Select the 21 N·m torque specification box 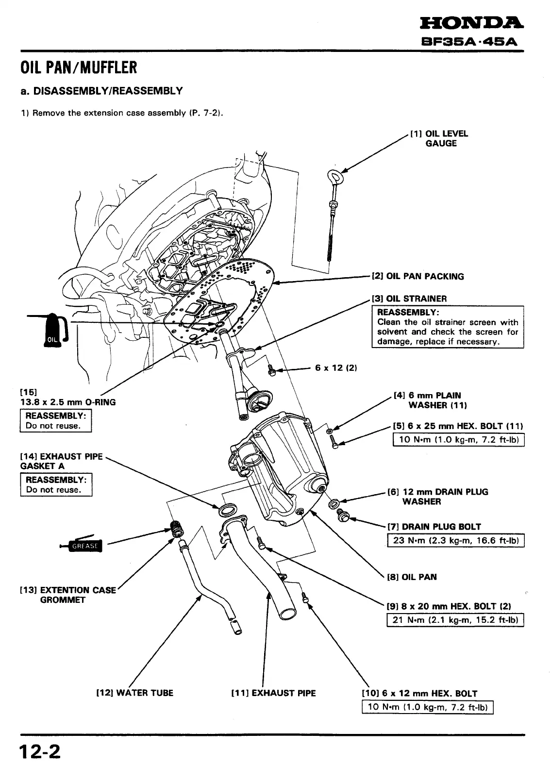tap(455, 620)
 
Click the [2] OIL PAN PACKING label tap(418, 276)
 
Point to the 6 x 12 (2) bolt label tap(336, 368)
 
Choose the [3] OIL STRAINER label tap(409, 299)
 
